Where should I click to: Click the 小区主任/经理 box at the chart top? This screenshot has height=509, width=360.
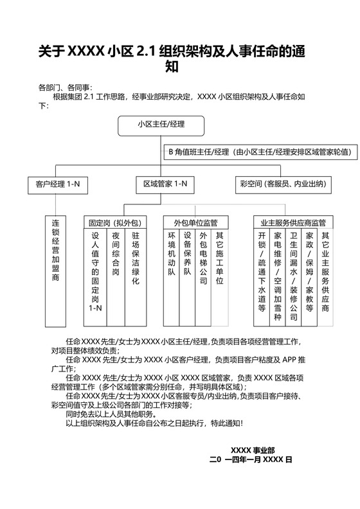coord(160,125)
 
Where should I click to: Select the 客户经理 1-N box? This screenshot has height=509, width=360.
coord(57,184)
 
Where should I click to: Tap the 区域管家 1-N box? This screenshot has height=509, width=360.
coord(165,184)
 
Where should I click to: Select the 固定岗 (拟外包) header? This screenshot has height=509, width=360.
coord(115,222)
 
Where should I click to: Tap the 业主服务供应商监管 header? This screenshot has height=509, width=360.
coord(293,222)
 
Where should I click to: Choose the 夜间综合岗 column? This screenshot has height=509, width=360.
coord(115,254)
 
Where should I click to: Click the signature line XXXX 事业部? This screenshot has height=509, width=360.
coord(253,450)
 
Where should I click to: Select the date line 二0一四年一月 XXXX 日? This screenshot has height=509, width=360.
coord(251,460)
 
